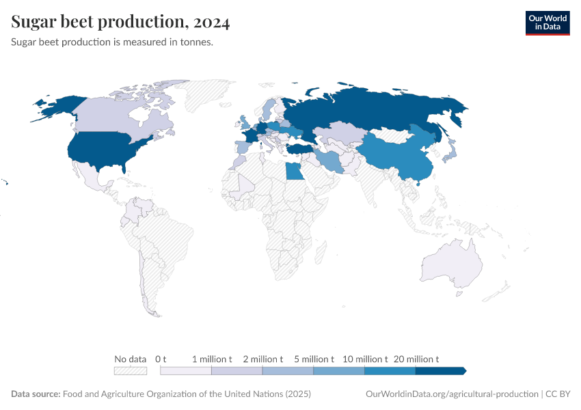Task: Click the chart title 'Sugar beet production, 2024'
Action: pyautogui.click(x=120, y=23)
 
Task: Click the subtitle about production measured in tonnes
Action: pyautogui.click(x=113, y=42)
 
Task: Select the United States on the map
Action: pyautogui.click(x=103, y=150)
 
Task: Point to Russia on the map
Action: pyautogui.click(x=369, y=109)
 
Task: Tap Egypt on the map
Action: pyautogui.click(x=295, y=171)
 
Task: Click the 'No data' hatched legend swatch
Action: pyautogui.click(x=131, y=371)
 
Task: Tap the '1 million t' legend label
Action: pyautogui.click(x=212, y=359)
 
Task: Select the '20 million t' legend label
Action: pyautogui.click(x=416, y=359)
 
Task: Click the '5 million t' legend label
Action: pyautogui.click(x=314, y=359)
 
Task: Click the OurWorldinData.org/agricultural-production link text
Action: pyautogui.click(x=452, y=394)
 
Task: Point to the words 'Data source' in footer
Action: pyautogui.click(x=35, y=394)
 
